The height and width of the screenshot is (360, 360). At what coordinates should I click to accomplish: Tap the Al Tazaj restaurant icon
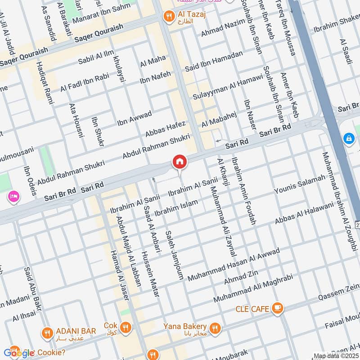pyautogui.click(x=168, y=16)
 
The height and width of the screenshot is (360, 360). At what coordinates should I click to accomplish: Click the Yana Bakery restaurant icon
pyautogui.click(x=215, y=327)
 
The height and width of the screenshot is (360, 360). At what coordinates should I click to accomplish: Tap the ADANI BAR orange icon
pyautogui.click(x=47, y=333)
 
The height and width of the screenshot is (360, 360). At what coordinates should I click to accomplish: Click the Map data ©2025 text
pyautogui.click(x=335, y=356)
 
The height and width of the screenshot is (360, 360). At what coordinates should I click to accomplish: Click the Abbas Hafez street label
pyautogui.click(x=165, y=128)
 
